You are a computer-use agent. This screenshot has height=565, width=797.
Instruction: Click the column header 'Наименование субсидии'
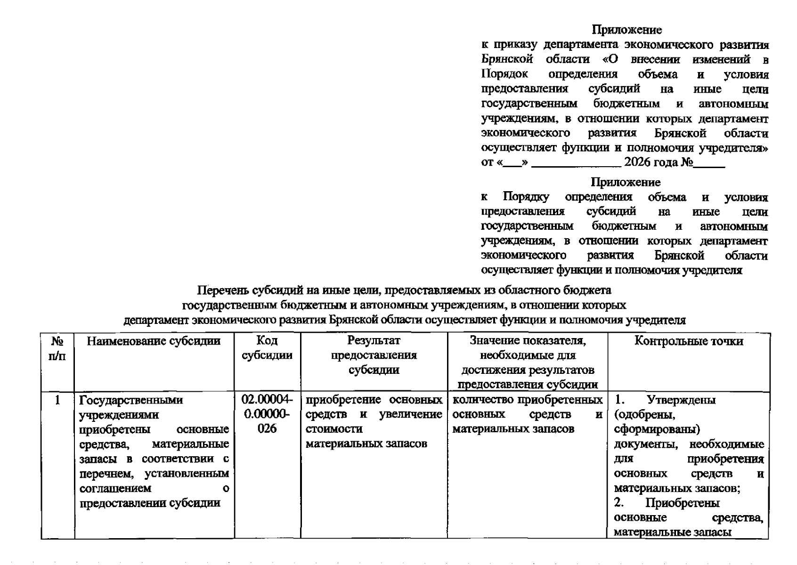pyautogui.click(x=154, y=341)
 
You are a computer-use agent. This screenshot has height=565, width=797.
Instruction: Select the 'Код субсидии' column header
pyautogui.click(x=267, y=348)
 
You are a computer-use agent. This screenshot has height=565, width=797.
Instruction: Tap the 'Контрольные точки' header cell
pyautogui.click(x=688, y=341)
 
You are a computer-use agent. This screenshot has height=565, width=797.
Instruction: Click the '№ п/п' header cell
pyautogui.click(x=57, y=348)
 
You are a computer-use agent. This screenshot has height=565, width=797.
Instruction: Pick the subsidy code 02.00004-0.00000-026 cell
pyautogui.click(x=267, y=414)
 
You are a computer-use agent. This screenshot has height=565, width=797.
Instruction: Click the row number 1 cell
pyautogui.click(x=57, y=400)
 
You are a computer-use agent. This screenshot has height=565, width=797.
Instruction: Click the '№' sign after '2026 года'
pyautogui.click(x=686, y=162)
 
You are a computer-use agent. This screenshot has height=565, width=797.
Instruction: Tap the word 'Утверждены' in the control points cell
pyautogui.click(x=681, y=400)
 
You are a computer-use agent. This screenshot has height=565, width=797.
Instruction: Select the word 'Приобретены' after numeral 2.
pyautogui.click(x=682, y=503)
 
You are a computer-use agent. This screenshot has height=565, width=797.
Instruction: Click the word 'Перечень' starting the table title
pyautogui.click(x=219, y=290)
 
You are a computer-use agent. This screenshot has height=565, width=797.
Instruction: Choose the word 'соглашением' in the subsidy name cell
pyautogui.click(x=115, y=488)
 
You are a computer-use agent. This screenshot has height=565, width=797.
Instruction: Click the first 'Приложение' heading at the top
pyautogui.click(x=626, y=30)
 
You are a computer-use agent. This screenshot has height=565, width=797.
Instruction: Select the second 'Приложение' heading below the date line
pyautogui.click(x=626, y=182)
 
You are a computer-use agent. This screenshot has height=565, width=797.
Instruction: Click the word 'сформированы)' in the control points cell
pyautogui.click(x=657, y=429)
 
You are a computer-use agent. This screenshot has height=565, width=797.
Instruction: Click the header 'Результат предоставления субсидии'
pyautogui.click(x=374, y=355)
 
